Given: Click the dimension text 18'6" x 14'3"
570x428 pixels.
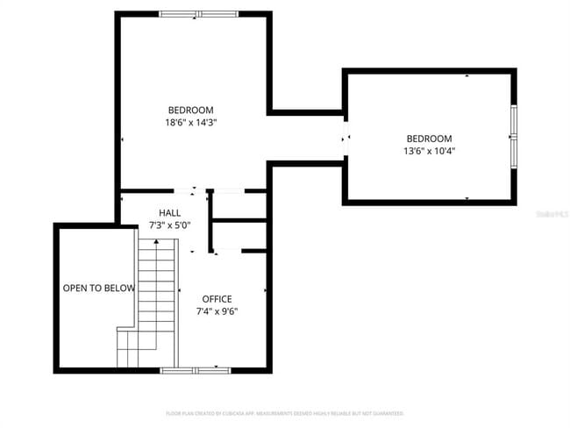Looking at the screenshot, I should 190,124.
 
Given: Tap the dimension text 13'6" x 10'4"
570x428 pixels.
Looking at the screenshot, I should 429,151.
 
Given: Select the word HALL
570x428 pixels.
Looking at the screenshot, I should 170,213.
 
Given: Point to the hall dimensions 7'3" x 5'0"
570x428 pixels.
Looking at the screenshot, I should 170,225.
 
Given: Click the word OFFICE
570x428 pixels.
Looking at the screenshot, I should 217,299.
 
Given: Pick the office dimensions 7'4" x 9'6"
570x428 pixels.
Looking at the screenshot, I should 217,311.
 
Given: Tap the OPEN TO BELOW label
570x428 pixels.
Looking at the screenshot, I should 98,288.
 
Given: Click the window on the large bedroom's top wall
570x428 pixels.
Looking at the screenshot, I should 198,14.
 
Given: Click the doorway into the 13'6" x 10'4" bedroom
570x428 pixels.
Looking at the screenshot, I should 346,137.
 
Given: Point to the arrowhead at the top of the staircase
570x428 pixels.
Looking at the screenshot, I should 158,248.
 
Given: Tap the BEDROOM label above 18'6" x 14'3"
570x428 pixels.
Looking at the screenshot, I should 190,111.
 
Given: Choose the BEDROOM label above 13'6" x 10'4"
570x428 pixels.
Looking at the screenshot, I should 429,139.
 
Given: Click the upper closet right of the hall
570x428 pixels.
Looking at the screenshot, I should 239,205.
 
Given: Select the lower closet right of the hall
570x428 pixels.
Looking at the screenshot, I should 239,235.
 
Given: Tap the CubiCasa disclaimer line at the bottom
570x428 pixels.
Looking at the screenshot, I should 285,412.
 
